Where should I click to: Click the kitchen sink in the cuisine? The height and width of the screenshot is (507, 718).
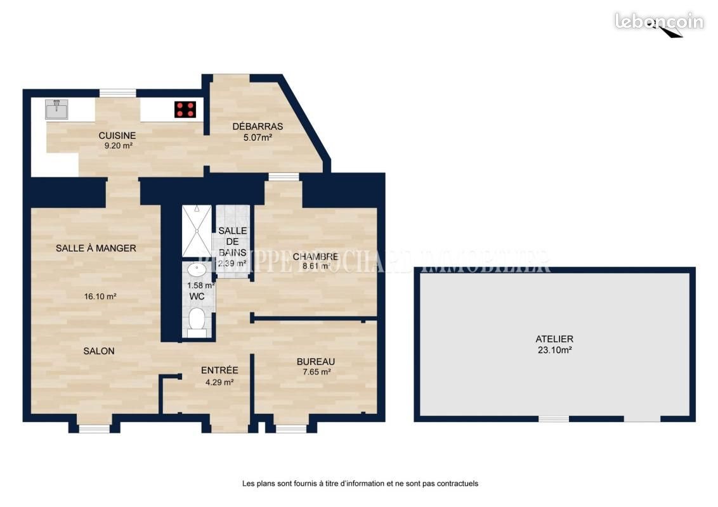56,110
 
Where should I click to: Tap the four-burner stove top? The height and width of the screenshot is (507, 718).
185,109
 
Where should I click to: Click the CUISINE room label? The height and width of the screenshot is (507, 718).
117,136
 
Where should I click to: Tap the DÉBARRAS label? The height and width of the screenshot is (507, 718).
258,126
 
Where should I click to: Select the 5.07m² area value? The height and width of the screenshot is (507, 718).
258,136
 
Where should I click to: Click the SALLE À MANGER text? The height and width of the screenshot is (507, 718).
96,248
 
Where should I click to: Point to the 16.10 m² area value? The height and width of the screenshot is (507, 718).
100,296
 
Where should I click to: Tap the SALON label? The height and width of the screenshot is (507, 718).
99,351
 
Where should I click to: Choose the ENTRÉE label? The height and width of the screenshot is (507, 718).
219,371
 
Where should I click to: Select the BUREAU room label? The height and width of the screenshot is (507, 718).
316,362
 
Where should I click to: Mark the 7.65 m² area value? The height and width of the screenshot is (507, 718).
316,373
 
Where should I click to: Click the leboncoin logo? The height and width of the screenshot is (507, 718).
659,21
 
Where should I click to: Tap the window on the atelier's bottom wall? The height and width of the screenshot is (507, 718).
554,419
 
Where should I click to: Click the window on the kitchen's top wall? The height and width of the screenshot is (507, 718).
117,93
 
